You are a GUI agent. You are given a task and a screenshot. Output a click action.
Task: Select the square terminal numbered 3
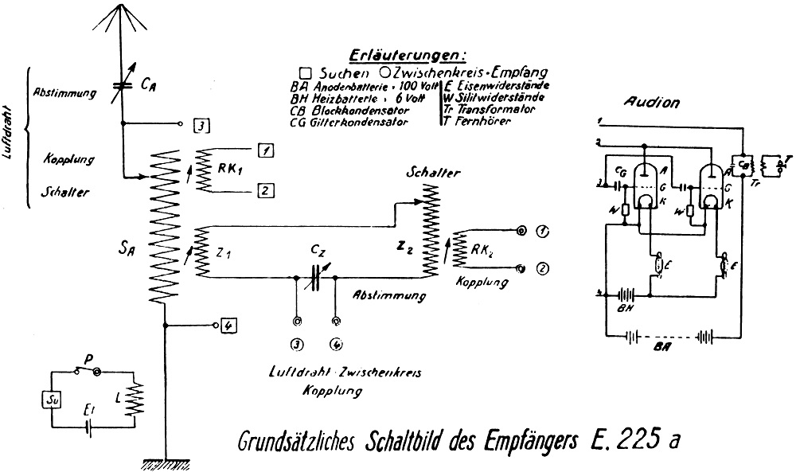(x=201, y=125)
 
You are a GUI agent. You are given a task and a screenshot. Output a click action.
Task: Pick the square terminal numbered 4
(x=227, y=325)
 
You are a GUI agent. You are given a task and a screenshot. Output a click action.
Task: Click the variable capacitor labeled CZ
(x=315, y=276)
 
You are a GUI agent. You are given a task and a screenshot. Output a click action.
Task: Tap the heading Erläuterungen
(x=406, y=56)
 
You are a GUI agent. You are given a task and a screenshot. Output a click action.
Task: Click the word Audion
(x=651, y=103)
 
